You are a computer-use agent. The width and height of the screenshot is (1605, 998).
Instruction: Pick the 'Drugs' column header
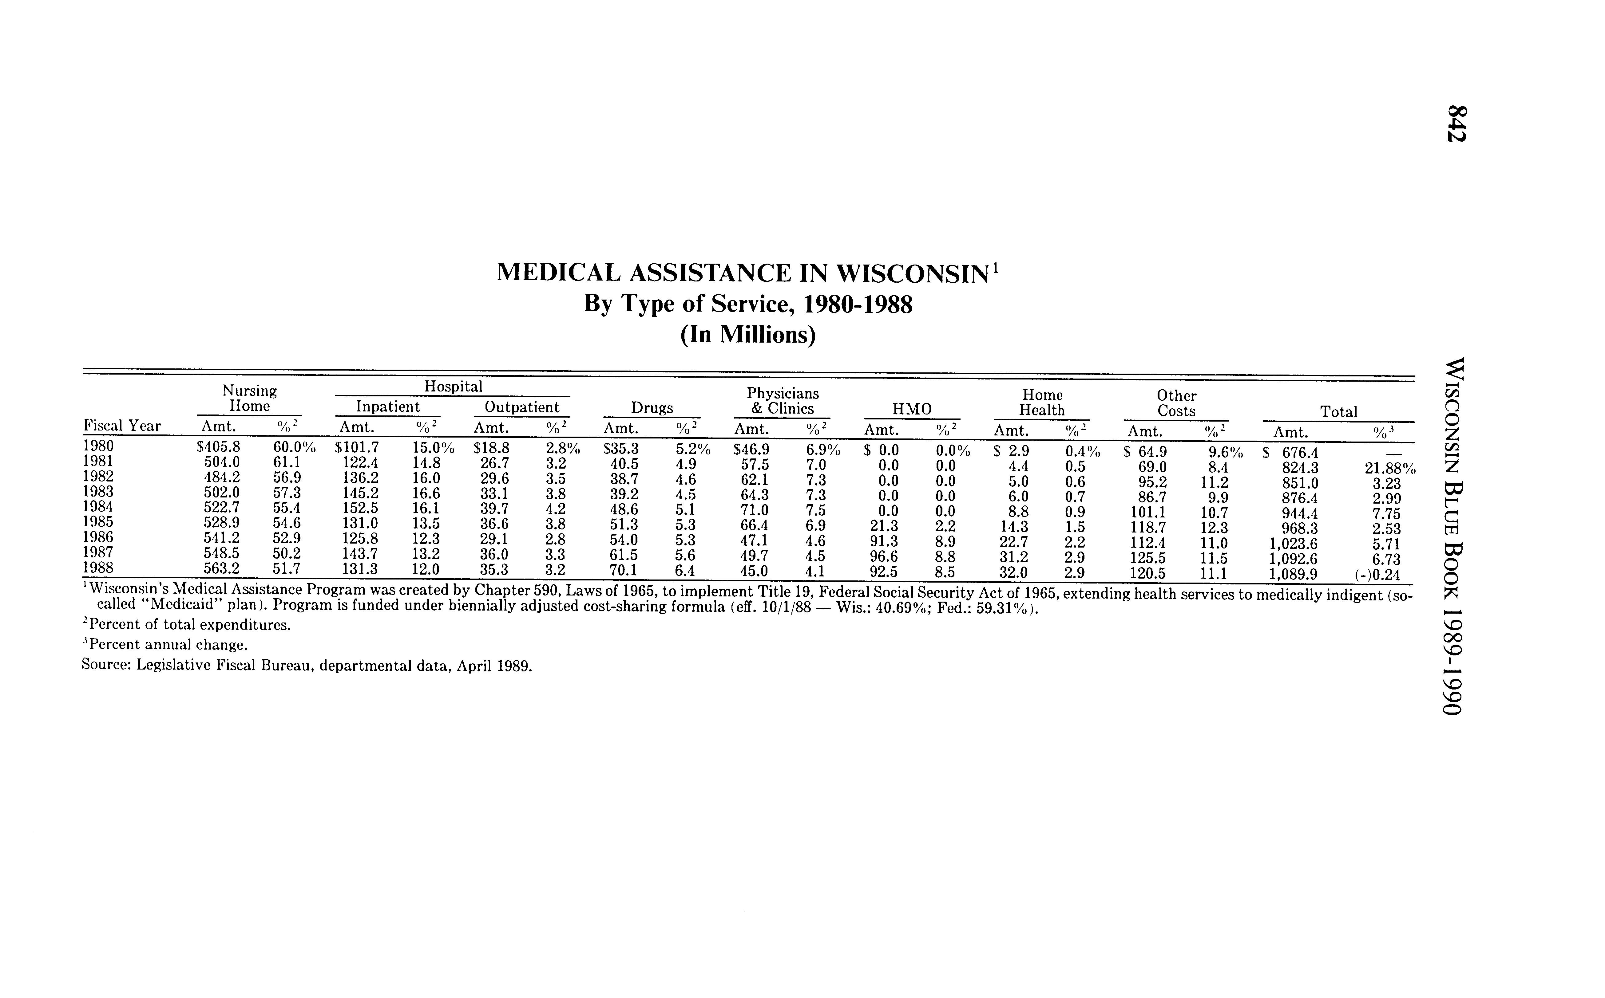(x=652, y=408)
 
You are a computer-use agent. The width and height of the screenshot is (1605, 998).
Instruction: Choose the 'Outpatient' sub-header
(x=522, y=407)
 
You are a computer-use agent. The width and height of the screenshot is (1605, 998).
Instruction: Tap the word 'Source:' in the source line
(x=106, y=665)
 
